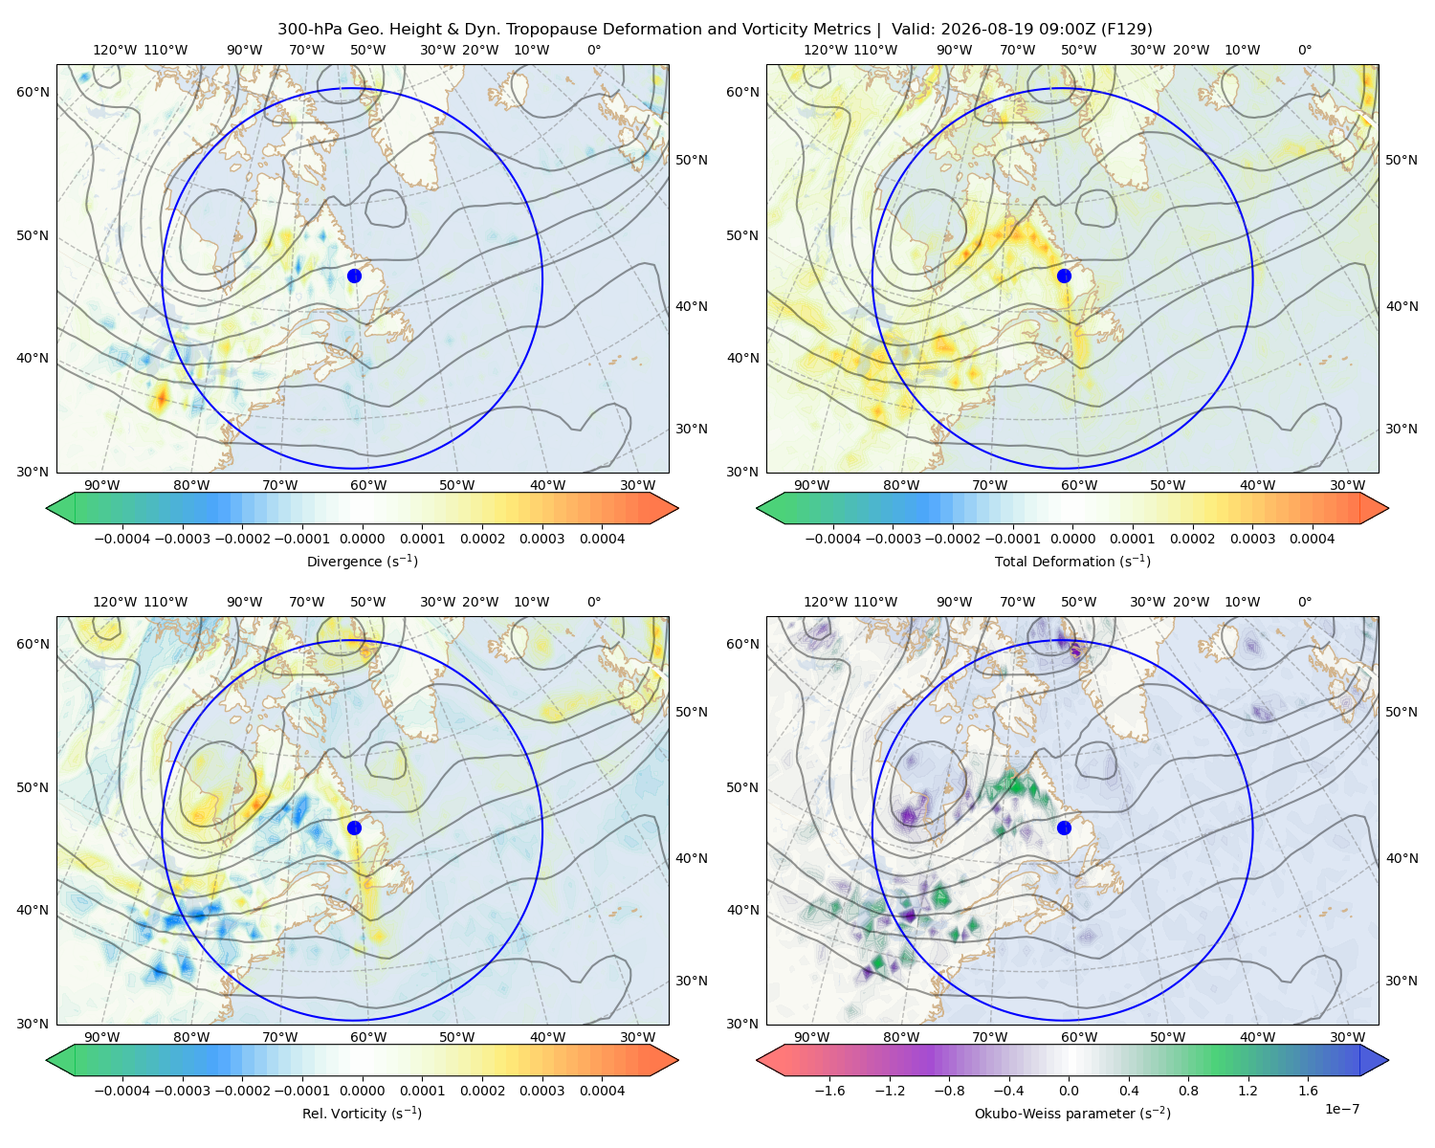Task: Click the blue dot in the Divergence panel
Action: click(x=354, y=276)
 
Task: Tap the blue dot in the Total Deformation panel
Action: click(x=1064, y=276)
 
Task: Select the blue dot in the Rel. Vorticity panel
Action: click(x=354, y=828)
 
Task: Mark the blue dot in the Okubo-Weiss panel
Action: click(x=1064, y=828)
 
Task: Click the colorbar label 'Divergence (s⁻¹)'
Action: click(x=362, y=561)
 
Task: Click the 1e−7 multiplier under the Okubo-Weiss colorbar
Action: click(x=1341, y=1109)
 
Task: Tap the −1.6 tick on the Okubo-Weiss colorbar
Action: click(x=829, y=1091)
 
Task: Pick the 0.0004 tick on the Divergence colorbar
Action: click(x=602, y=539)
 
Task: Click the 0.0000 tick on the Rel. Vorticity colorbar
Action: click(x=362, y=1091)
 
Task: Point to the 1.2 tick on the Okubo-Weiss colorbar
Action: click(x=1247, y=1091)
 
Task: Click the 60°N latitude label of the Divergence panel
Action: click(x=33, y=92)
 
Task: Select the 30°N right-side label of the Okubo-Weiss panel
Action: click(x=1401, y=980)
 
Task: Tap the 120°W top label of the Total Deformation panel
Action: click(x=825, y=50)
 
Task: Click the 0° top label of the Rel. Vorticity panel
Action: click(x=594, y=602)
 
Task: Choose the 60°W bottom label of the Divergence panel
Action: click(x=368, y=485)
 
